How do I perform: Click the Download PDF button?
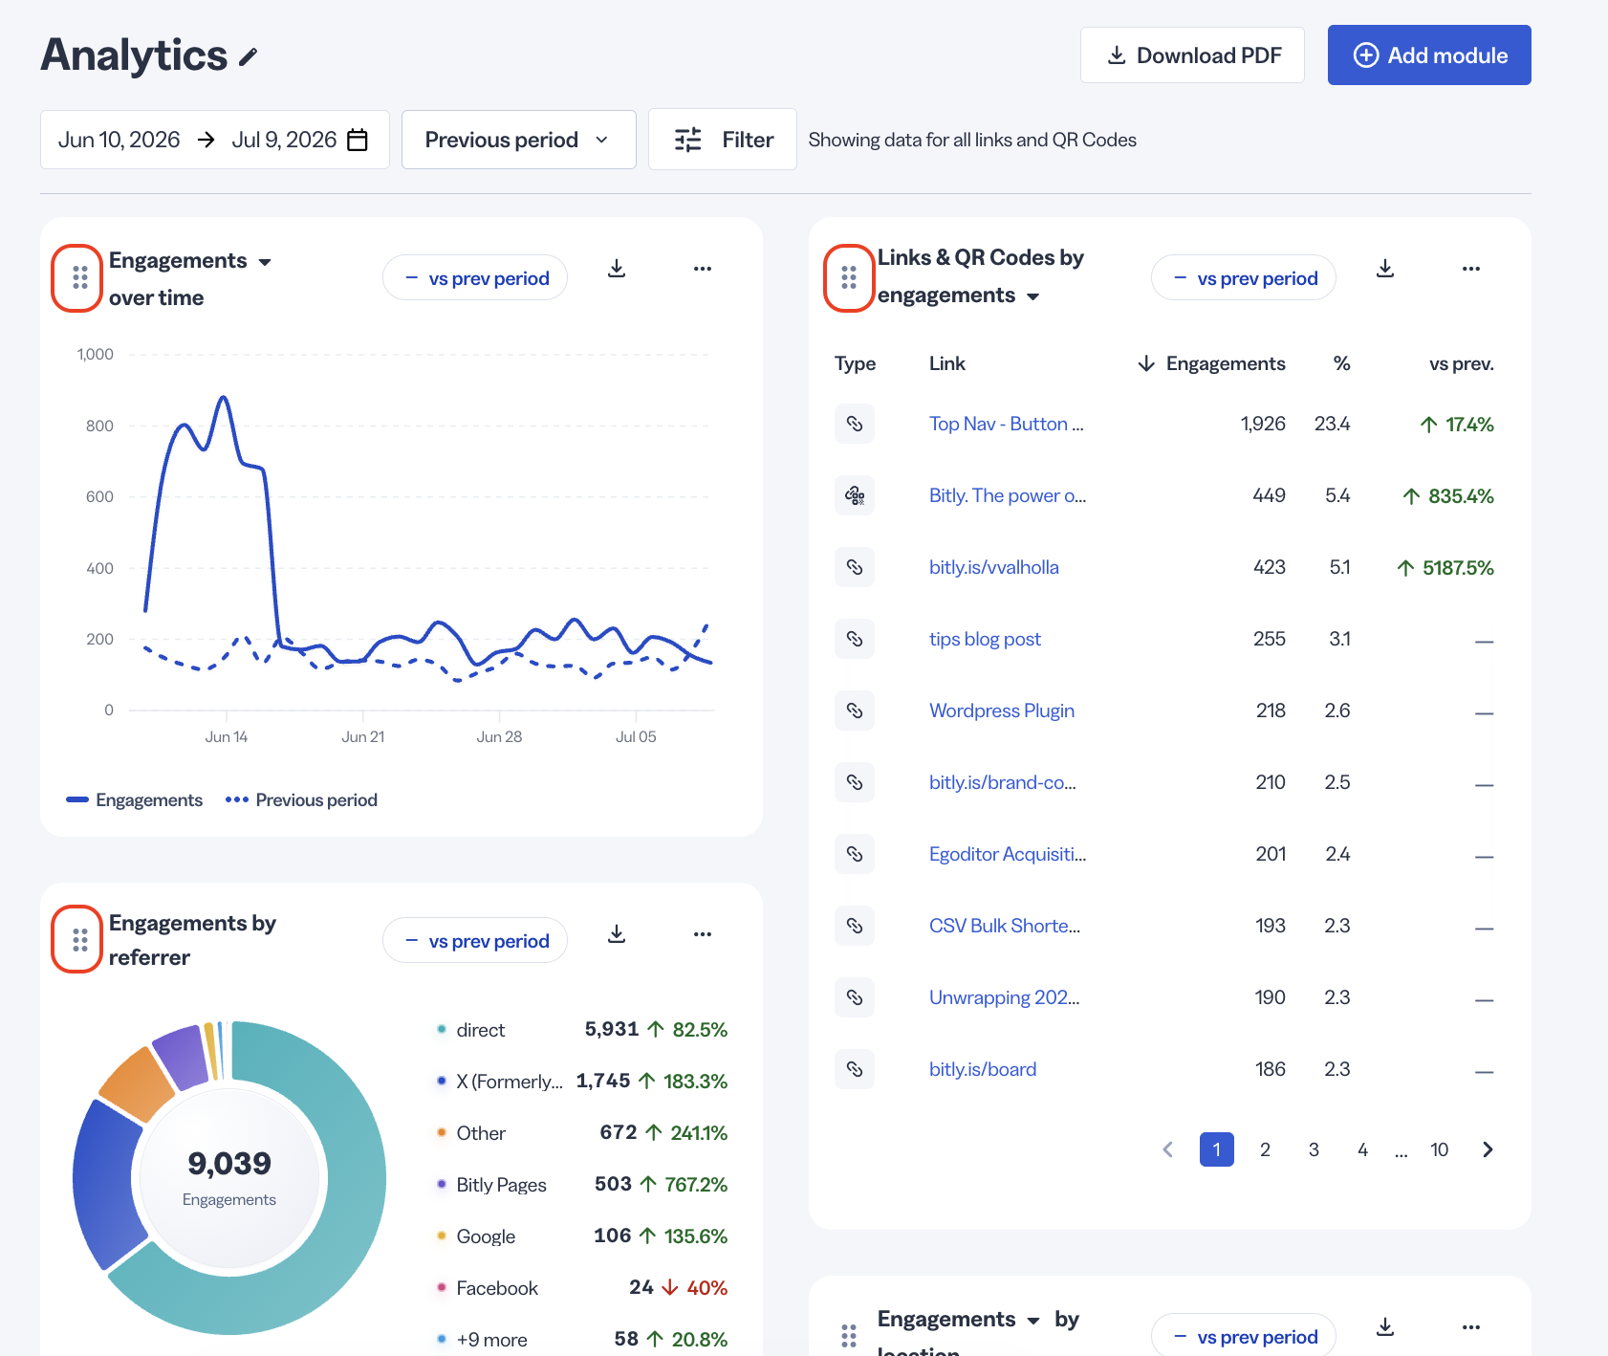[x=1192, y=55]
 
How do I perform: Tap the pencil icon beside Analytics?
[x=249, y=57]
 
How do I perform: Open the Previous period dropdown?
[x=518, y=140]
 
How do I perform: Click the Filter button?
[x=723, y=140]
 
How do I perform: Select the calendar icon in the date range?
[x=358, y=140]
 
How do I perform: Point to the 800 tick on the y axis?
[x=99, y=426]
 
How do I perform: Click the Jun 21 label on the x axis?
[x=363, y=736]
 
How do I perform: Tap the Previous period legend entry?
[x=301, y=800]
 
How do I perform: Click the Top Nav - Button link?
[x=1006, y=424]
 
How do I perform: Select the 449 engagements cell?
[x=1269, y=495]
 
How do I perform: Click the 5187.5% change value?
[x=1445, y=567]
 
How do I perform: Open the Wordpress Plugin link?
[x=1002, y=711]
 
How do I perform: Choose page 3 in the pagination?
[x=1314, y=1149]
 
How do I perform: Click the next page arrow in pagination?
[x=1488, y=1149]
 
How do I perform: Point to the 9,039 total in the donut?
[x=229, y=1163]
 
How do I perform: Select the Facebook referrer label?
[x=497, y=1288]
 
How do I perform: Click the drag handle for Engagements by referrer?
[x=80, y=940]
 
